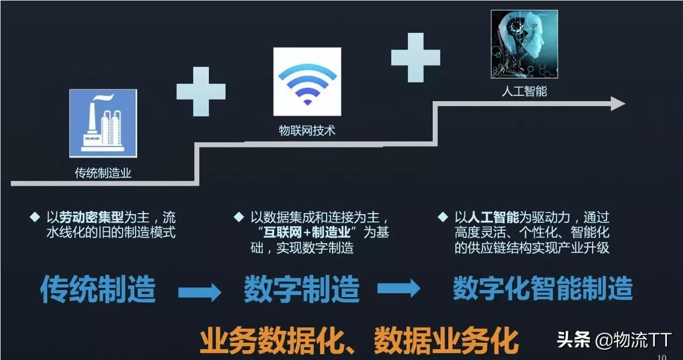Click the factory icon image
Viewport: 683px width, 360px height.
tap(103, 123)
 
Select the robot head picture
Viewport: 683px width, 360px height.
tap(524, 44)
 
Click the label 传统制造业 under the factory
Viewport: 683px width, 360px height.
tap(103, 173)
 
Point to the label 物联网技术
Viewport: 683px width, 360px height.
tap(307, 131)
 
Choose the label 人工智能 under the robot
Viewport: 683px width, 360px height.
tap(524, 91)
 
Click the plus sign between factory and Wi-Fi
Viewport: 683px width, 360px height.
tap(201, 92)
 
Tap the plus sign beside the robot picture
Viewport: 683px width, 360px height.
tap(416, 58)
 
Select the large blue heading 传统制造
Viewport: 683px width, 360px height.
tap(98, 289)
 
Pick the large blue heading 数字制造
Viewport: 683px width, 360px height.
tap(302, 289)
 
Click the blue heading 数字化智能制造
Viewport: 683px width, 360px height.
tap(543, 288)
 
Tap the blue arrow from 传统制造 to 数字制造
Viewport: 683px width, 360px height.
tap(200, 292)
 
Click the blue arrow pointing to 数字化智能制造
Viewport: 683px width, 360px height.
tap(399, 288)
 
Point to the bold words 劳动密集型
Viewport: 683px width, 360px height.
tap(91, 217)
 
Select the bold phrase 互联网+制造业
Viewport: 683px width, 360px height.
tap(307, 232)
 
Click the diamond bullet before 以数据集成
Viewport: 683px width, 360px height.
tap(239, 217)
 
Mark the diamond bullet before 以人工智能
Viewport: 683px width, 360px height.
tap(443, 217)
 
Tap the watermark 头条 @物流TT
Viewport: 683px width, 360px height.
tap(615, 340)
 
